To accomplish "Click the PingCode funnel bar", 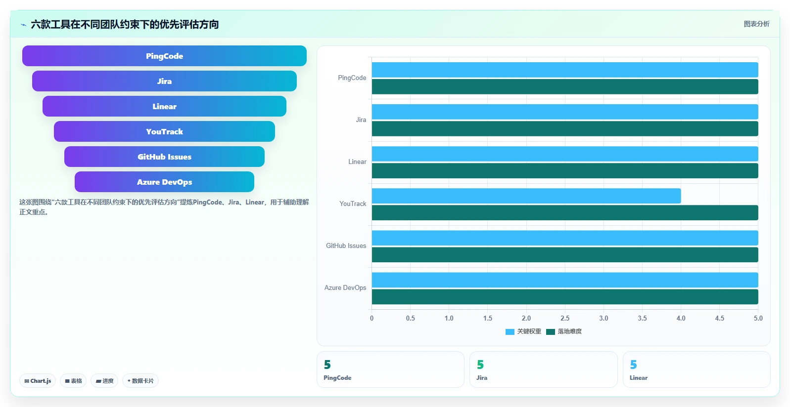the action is (164, 56).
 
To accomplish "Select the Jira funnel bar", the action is (164, 81).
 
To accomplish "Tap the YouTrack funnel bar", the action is (164, 131).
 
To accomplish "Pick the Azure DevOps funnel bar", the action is (164, 182).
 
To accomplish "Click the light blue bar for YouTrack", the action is (526, 196).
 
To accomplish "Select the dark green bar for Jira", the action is (565, 128).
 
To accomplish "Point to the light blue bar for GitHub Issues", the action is (565, 238).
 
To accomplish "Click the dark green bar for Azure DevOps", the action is (565, 297).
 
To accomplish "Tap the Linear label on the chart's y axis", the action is (357, 162).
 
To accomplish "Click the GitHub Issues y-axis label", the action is (346, 246).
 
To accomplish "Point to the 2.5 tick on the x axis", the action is (565, 318).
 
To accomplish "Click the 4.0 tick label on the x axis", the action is (681, 318).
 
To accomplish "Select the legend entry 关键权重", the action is (523, 331).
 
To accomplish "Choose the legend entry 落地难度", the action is (564, 331).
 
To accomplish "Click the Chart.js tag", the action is (38, 381).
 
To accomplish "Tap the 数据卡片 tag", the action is (140, 381).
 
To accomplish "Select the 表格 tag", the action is (73, 381).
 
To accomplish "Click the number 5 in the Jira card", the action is (480, 365).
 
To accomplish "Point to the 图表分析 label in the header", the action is (756, 24).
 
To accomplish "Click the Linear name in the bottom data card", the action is (639, 378).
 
